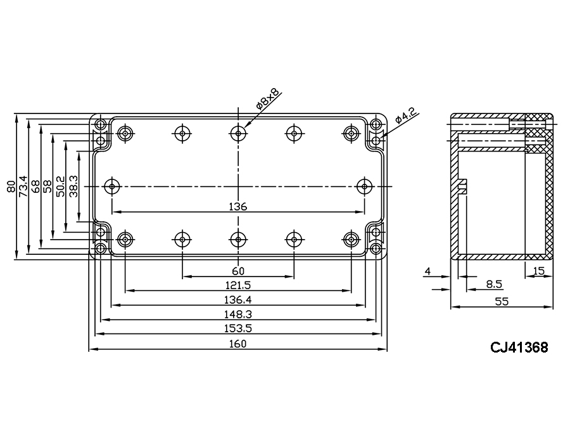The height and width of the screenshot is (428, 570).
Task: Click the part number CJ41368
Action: [x=518, y=347]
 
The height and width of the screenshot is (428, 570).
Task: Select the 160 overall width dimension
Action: [x=238, y=344]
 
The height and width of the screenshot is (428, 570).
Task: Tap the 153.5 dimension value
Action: [x=238, y=328]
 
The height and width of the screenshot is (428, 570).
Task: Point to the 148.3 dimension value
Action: [x=238, y=315]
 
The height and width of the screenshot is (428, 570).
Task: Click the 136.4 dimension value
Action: [x=238, y=300]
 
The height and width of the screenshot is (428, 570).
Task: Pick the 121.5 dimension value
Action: [x=238, y=285]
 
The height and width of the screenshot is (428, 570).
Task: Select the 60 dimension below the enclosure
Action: [x=238, y=271]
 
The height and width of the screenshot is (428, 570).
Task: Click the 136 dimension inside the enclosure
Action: [x=238, y=207]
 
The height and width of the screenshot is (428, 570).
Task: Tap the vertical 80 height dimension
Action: [x=11, y=186]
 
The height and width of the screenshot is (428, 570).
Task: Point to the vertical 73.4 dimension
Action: [x=23, y=186]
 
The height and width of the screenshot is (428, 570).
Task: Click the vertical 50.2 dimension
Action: [x=61, y=186]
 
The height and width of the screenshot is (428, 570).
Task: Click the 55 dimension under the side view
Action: [x=502, y=302]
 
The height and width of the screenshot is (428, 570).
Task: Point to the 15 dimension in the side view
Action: [x=539, y=271]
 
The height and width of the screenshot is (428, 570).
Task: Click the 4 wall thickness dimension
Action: [x=427, y=271]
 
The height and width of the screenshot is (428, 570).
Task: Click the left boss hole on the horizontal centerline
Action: [x=112, y=186]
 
